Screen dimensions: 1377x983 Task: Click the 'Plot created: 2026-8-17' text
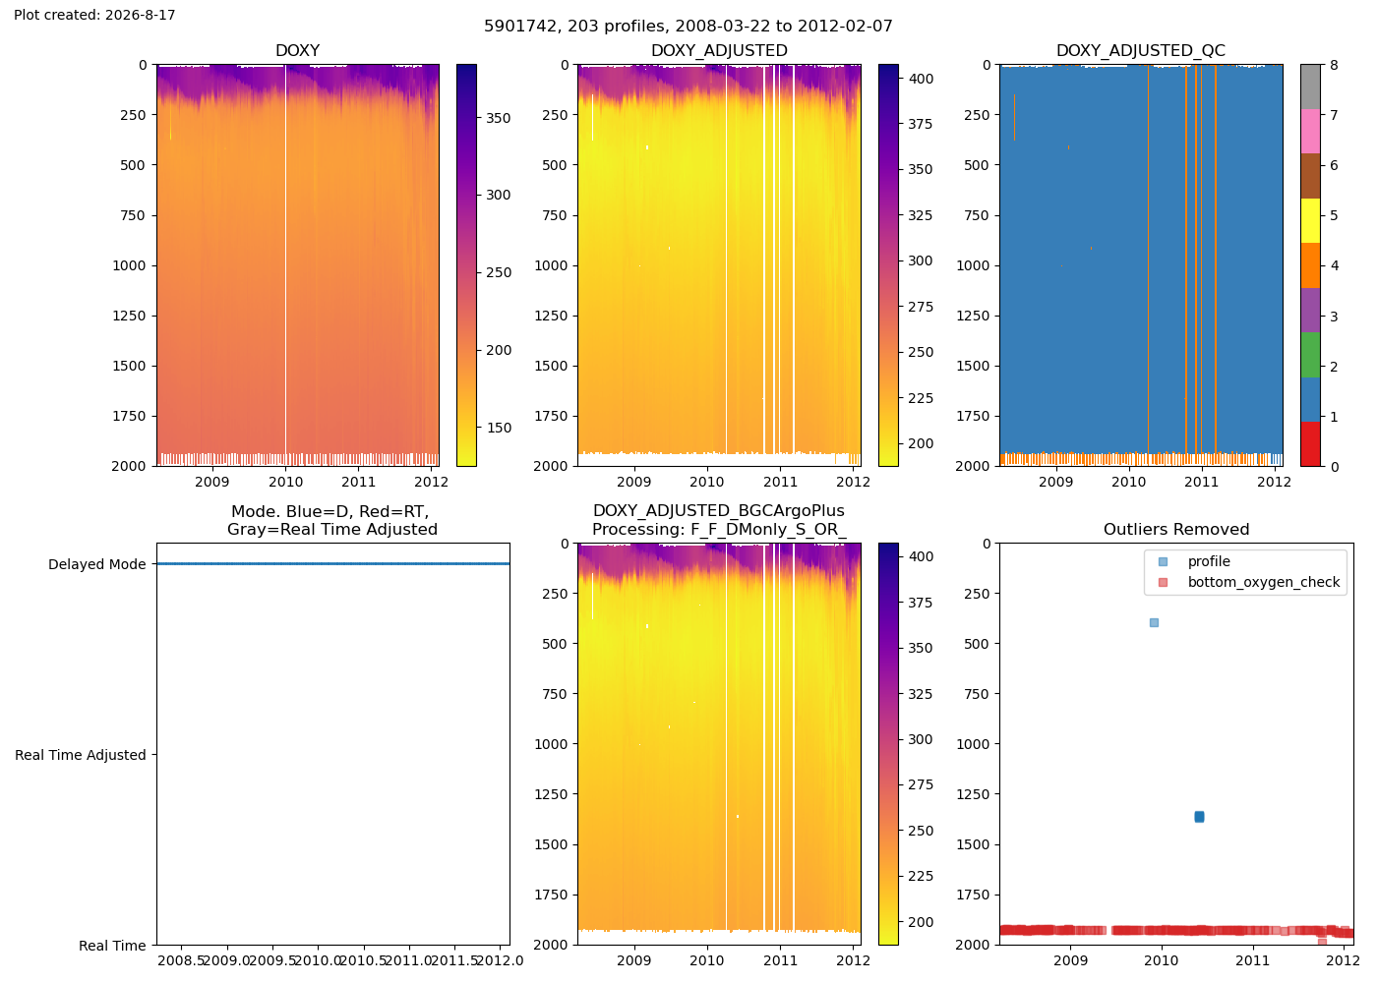[x=94, y=15]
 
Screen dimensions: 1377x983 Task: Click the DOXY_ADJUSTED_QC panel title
[x=1141, y=50]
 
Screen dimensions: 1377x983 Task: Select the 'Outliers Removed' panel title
[x=1176, y=530]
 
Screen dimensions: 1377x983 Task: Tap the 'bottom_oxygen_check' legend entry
[x=1263, y=582]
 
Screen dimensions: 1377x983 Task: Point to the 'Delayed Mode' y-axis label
[x=97, y=564]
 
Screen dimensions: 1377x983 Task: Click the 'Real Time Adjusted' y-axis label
[x=81, y=755]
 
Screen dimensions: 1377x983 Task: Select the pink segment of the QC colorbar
[x=1310, y=132]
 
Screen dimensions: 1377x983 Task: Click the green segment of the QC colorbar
[x=1310, y=355]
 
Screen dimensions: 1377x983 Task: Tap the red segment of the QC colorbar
[x=1310, y=443]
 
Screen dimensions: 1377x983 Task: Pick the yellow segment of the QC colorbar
[x=1310, y=220]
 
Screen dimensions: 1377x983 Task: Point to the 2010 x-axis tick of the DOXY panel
[x=286, y=482]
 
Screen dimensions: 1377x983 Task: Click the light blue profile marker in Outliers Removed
[x=1154, y=622]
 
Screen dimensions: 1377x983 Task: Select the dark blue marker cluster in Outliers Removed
[x=1199, y=817]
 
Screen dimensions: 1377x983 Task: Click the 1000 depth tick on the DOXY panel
[x=129, y=265]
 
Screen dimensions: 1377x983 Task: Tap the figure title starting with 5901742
[x=688, y=26]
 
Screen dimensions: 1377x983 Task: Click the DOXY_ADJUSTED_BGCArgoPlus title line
[x=719, y=511]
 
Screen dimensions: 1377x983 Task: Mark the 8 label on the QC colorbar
[x=1334, y=65]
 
